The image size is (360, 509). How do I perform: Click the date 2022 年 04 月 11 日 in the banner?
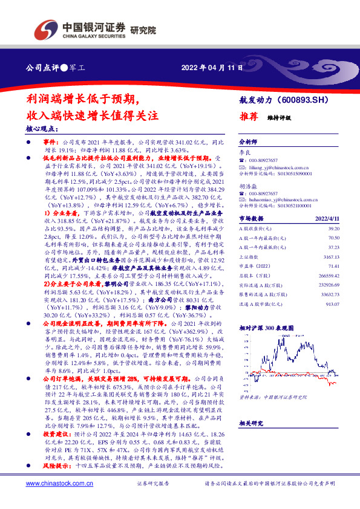(x=211, y=67)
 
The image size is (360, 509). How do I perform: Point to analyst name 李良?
(x=244, y=154)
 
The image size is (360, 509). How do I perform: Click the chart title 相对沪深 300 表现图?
(x=266, y=327)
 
